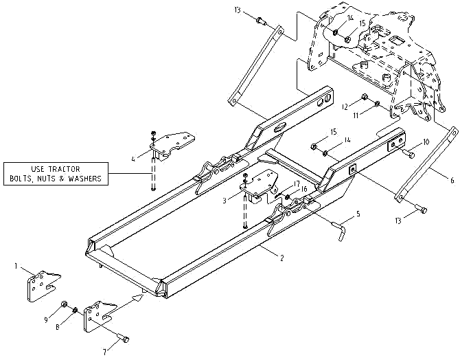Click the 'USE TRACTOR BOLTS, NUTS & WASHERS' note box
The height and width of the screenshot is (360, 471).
coord(56,173)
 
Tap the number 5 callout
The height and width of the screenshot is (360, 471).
coord(357,215)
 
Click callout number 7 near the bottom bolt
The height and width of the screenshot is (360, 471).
coord(105,352)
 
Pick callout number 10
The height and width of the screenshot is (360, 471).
coord(426,142)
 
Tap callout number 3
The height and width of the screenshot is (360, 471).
coord(225,201)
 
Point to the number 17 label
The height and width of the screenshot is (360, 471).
coord(297,184)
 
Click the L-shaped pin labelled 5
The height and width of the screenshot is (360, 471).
coord(340,227)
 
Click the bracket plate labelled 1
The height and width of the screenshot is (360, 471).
coord(39,287)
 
